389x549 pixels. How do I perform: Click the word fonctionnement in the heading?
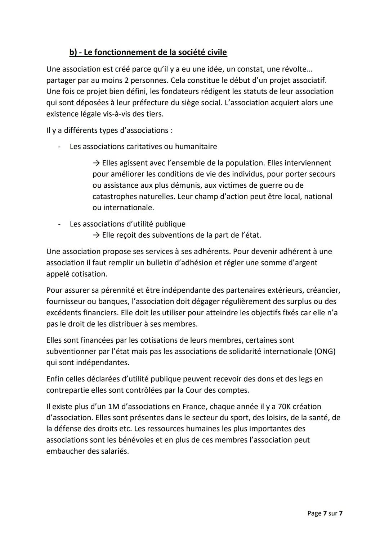point(121,52)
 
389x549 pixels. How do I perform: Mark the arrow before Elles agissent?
point(96,163)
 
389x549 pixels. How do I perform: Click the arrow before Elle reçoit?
point(96,235)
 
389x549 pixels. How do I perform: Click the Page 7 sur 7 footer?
point(325,513)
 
